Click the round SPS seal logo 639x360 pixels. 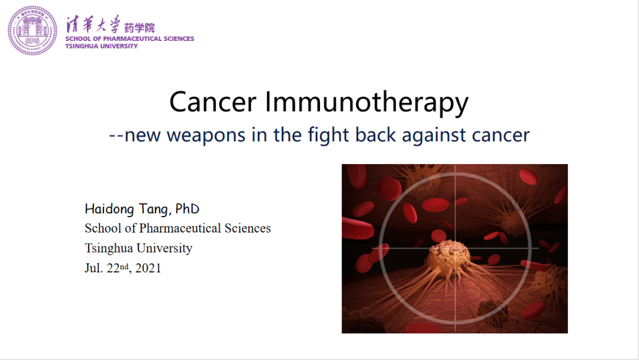coord(33,31)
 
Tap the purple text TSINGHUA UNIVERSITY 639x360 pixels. coord(102,46)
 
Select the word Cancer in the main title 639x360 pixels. coord(213,102)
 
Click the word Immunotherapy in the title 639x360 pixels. coord(367,103)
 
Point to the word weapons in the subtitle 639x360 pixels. coord(206,136)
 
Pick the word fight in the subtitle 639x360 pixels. coord(328,135)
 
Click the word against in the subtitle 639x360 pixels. coord(434,136)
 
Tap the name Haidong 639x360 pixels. coord(109,209)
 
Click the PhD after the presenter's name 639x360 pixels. coord(187,209)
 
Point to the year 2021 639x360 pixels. coord(148,268)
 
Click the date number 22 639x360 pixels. coord(113,268)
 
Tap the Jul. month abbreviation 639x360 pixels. coord(93,268)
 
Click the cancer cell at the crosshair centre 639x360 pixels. coord(448,255)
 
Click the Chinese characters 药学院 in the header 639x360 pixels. coord(140,28)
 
